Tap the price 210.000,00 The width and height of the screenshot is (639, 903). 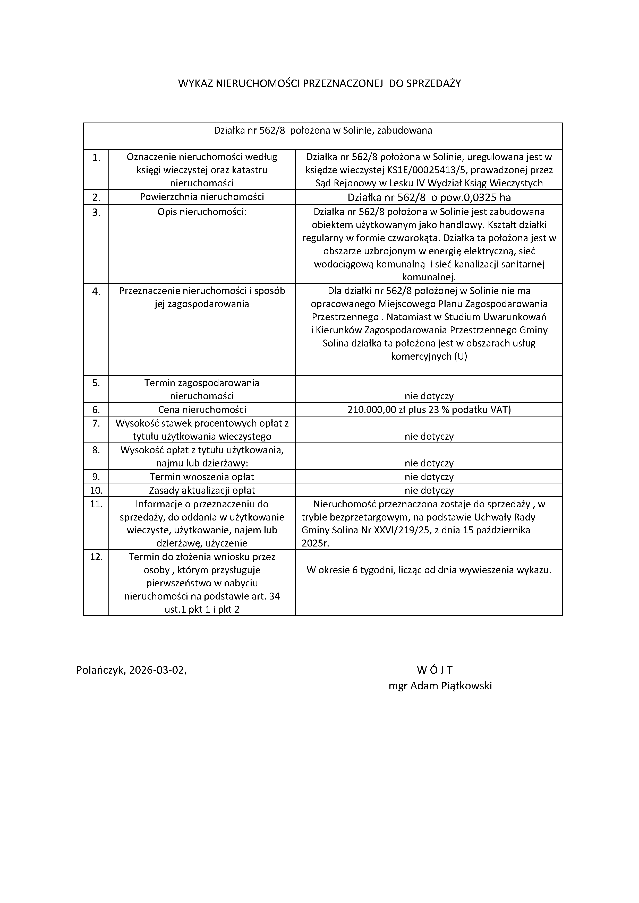click(x=371, y=410)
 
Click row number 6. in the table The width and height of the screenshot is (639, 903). click(x=96, y=410)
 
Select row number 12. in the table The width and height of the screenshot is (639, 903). click(x=96, y=557)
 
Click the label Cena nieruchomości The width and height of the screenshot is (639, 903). click(x=202, y=410)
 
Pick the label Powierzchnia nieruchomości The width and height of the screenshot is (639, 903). click(x=202, y=197)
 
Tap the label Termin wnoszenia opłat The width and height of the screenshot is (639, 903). click(x=202, y=477)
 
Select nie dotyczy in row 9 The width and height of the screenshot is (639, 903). click(x=429, y=477)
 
